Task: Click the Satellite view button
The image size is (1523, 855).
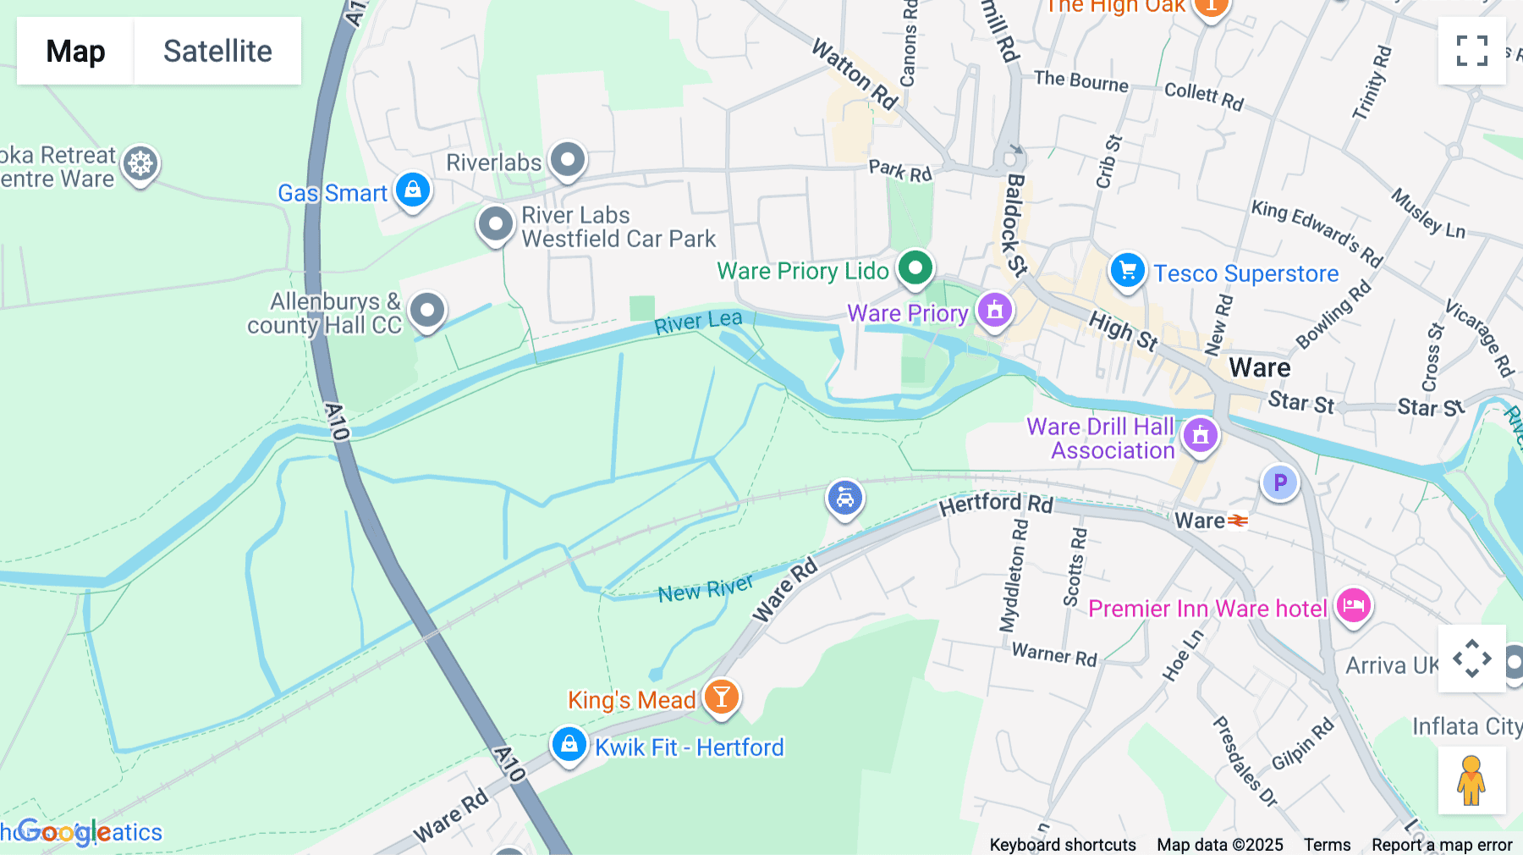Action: click(x=217, y=51)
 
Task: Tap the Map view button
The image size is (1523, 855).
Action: click(x=75, y=51)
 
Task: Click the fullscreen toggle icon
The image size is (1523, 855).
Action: click(x=1471, y=51)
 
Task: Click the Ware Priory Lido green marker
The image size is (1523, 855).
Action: click(x=915, y=268)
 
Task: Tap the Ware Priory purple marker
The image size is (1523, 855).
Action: click(x=995, y=310)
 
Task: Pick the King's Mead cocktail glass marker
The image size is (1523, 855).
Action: click(x=721, y=697)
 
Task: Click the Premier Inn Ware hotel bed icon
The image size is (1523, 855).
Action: click(x=1353, y=606)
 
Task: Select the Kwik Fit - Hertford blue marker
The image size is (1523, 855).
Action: click(x=569, y=744)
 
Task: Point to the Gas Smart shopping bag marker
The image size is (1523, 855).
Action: click(x=413, y=190)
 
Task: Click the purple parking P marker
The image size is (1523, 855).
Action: click(x=1280, y=483)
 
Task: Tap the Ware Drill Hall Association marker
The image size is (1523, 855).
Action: click(x=1200, y=435)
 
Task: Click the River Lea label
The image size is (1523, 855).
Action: click(x=698, y=322)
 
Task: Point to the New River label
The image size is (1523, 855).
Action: click(x=705, y=588)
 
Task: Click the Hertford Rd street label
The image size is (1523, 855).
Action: click(x=996, y=504)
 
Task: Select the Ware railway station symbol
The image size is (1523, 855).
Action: click(x=1238, y=521)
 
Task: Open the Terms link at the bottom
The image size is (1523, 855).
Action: click(x=1327, y=845)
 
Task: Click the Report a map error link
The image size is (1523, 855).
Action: click(x=1442, y=845)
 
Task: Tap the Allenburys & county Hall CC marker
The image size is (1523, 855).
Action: click(x=427, y=311)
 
